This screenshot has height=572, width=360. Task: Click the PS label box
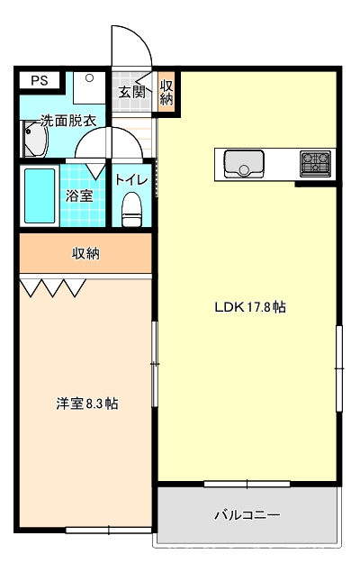point(40,80)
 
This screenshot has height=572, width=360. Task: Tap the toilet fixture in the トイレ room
point(131,209)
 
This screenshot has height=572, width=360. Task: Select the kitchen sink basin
point(244,164)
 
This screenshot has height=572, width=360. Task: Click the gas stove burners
point(316,163)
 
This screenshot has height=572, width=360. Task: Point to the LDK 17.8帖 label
point(250,307)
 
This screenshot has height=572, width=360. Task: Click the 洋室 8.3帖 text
point(86,404)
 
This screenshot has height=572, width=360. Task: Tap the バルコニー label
point(247,514)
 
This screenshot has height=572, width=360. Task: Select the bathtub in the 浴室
point(40,195)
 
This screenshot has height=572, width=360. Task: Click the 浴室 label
point(79,195)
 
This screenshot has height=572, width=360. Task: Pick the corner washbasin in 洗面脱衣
point(34,139)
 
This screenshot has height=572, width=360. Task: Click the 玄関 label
point(131,92)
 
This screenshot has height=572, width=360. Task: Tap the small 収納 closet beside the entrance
point(166,93)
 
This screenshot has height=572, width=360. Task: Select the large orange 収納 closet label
point(85,253)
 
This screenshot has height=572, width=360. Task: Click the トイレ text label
point(131,180)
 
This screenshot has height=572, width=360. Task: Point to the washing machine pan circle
point(89,77)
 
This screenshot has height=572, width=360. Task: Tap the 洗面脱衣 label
point(68,121)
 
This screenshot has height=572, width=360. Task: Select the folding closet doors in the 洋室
point(53,288)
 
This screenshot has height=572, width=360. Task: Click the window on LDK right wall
point(339,368)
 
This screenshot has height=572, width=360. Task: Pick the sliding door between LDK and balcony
point(247,484)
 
